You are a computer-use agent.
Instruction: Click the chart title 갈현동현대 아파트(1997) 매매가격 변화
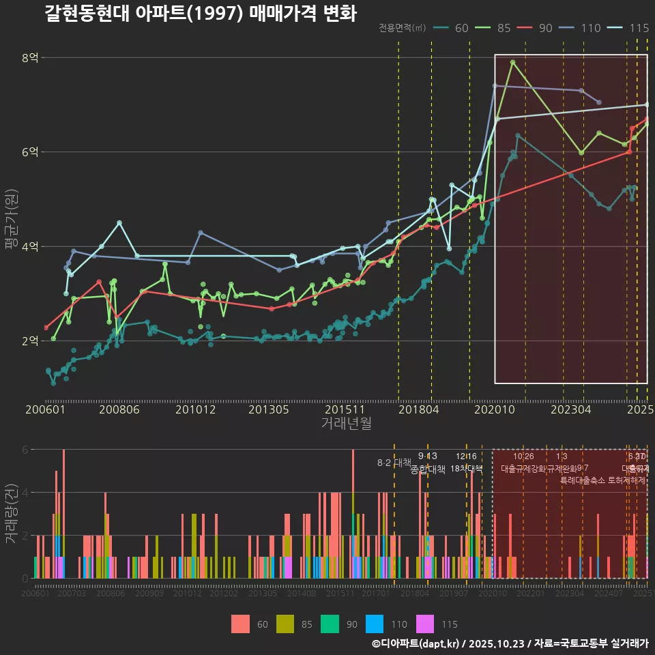[200, 13]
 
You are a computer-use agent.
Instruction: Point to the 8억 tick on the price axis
[29, 58]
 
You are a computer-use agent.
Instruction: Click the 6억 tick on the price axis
[29, 152]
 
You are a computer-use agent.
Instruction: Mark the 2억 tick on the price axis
[29, 341]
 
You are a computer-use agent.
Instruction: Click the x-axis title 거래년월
[346, 424]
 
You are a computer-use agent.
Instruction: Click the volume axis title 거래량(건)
[11, 514]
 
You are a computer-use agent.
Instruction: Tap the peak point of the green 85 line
[512, 62]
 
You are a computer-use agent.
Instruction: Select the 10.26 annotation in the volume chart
[523, 456]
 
